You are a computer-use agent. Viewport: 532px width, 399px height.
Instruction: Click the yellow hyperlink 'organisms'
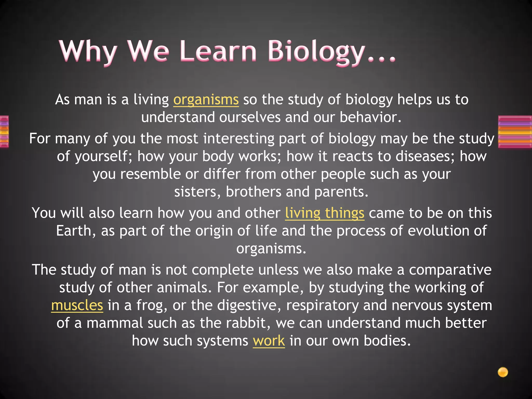[206, 100]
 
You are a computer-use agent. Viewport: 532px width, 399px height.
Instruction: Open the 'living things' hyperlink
[324, 213]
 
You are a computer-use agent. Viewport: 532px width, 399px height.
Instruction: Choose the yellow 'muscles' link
[77, 305]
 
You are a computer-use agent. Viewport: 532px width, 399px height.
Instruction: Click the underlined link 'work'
[269, 341]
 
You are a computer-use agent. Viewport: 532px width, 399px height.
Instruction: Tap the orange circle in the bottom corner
[503, 372]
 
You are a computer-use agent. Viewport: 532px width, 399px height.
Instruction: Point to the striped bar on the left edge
[4, 132]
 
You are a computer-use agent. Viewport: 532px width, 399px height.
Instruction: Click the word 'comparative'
[450, 270]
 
